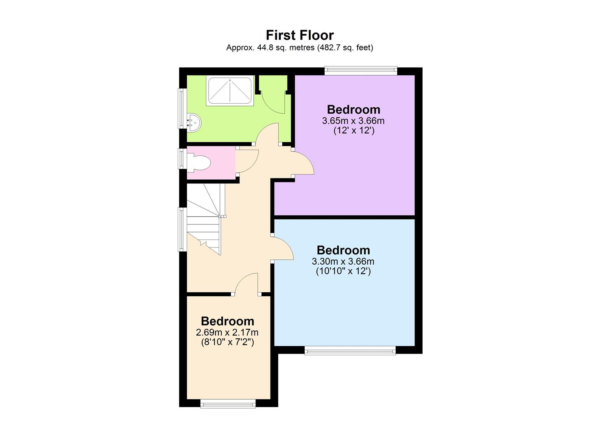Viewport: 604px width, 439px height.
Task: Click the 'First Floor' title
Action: click(x=300, y=35)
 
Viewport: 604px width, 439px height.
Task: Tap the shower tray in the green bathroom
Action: click(x=230, y=91)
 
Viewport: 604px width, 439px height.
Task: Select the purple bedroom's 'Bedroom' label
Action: click(x=353, y=109)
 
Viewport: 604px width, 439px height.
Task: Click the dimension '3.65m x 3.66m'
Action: click(x=353, y=121)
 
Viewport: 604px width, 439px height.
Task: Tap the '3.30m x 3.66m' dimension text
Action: click(x=343, y=261)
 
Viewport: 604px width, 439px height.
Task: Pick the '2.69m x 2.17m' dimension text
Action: click(x=227, y=333)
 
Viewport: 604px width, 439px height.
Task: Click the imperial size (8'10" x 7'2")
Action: click(x=227, y=342)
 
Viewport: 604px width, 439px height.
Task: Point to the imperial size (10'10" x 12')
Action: click(x=343, y=271)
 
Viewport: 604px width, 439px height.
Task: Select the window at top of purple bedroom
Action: click(x=360, y=71)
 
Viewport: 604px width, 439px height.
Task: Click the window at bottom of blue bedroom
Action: click(x=350, y=350)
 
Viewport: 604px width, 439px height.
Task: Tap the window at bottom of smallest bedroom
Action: click(x=228, y=403)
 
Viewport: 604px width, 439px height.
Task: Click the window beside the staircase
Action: click(x=182, y=229)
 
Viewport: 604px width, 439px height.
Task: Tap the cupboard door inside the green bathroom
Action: click(x=272, y=98)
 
